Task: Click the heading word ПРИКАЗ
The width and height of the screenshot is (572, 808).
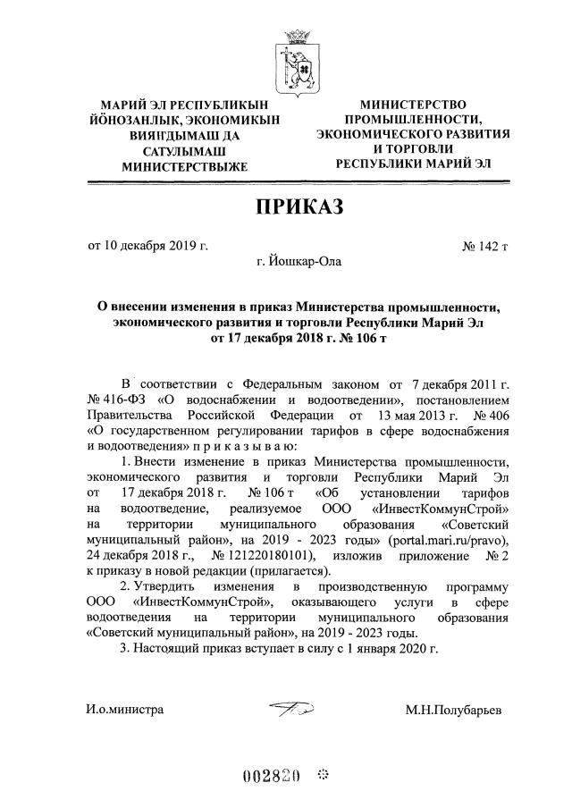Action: click(x=299, y=208)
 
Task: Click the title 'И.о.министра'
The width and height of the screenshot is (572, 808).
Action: click(x=124, y=710)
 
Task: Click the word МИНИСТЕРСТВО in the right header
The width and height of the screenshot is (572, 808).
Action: click(x=413, y=105)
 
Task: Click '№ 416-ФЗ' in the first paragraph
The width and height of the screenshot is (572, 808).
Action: click(x=114, y=400)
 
